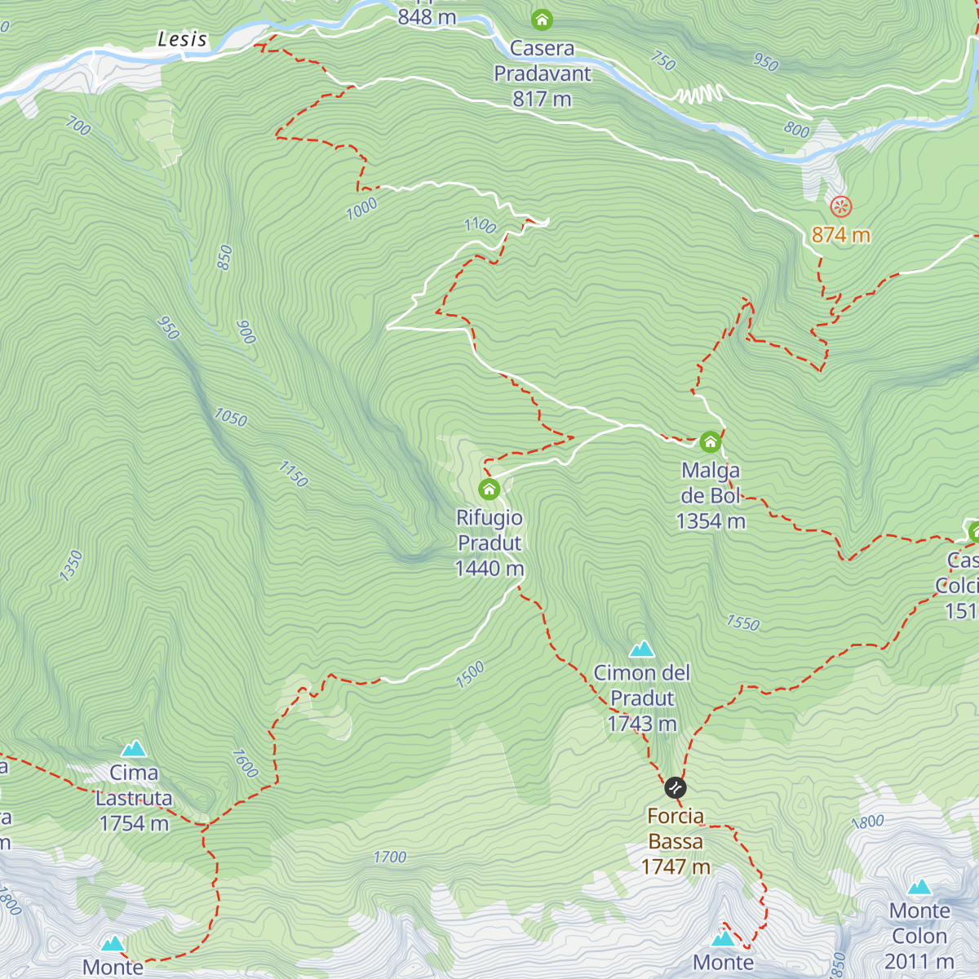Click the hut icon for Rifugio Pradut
pyautogui.click(x=489, y=489)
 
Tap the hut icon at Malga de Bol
pyautogui.click(x=711, y=442)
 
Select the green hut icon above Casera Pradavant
pyautogui.click(x=542, y=19)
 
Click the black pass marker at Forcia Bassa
pyautogui.click(x=675, y=787)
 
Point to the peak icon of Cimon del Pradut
pyautogui.click(x=642, y=649)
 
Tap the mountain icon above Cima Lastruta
pyautogui.click(x=134, y=748)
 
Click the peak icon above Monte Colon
pyautogui.click(x=919, y=887)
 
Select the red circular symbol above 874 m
pyautogui.click(x=840, y=206)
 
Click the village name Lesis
pyautogui.click(x=182, y=38)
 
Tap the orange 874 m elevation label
pyautogui.click(x=840, y=235)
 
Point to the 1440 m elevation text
pyautogui.click(x=489, y=569)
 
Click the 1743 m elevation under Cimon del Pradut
pyautogui.click(x=642, y=724)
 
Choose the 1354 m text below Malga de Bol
pyautogui.click(x=711, y=521)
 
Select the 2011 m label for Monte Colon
pyautogui.click(x=919, y=961)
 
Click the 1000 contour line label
pyautogui.click(x=361, y=209)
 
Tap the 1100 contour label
pyautogui.click(x=480, y=225)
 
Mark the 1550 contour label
pyautogui.click(x=742, y=623)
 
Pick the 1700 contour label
pyautogui.click(x=389, y=857)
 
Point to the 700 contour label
pyautogui.click(x=78, y=126)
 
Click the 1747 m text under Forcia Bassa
pyautogui.click(x=676, y=866)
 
